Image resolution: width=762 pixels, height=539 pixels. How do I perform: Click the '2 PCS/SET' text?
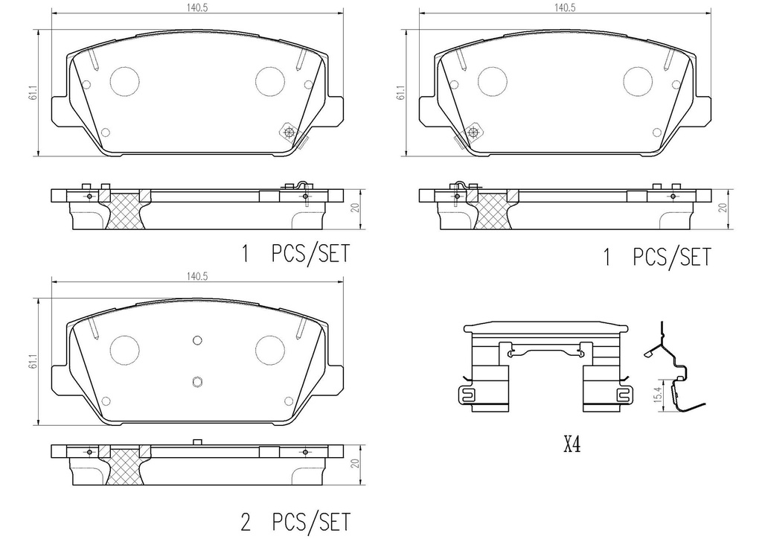tap(295, 520)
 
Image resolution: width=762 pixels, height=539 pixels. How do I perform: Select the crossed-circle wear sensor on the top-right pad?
tap(473, 133)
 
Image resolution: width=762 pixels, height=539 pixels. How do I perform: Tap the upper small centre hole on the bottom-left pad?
tap(197, 340)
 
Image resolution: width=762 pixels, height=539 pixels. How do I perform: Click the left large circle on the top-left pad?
tap(125, 80)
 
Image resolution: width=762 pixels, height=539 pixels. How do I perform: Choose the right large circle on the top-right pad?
tap(638, 80)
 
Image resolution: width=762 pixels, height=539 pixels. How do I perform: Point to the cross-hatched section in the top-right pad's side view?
tap(491, 211)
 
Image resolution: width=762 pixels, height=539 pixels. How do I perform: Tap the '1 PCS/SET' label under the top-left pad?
tap(295, 255)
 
